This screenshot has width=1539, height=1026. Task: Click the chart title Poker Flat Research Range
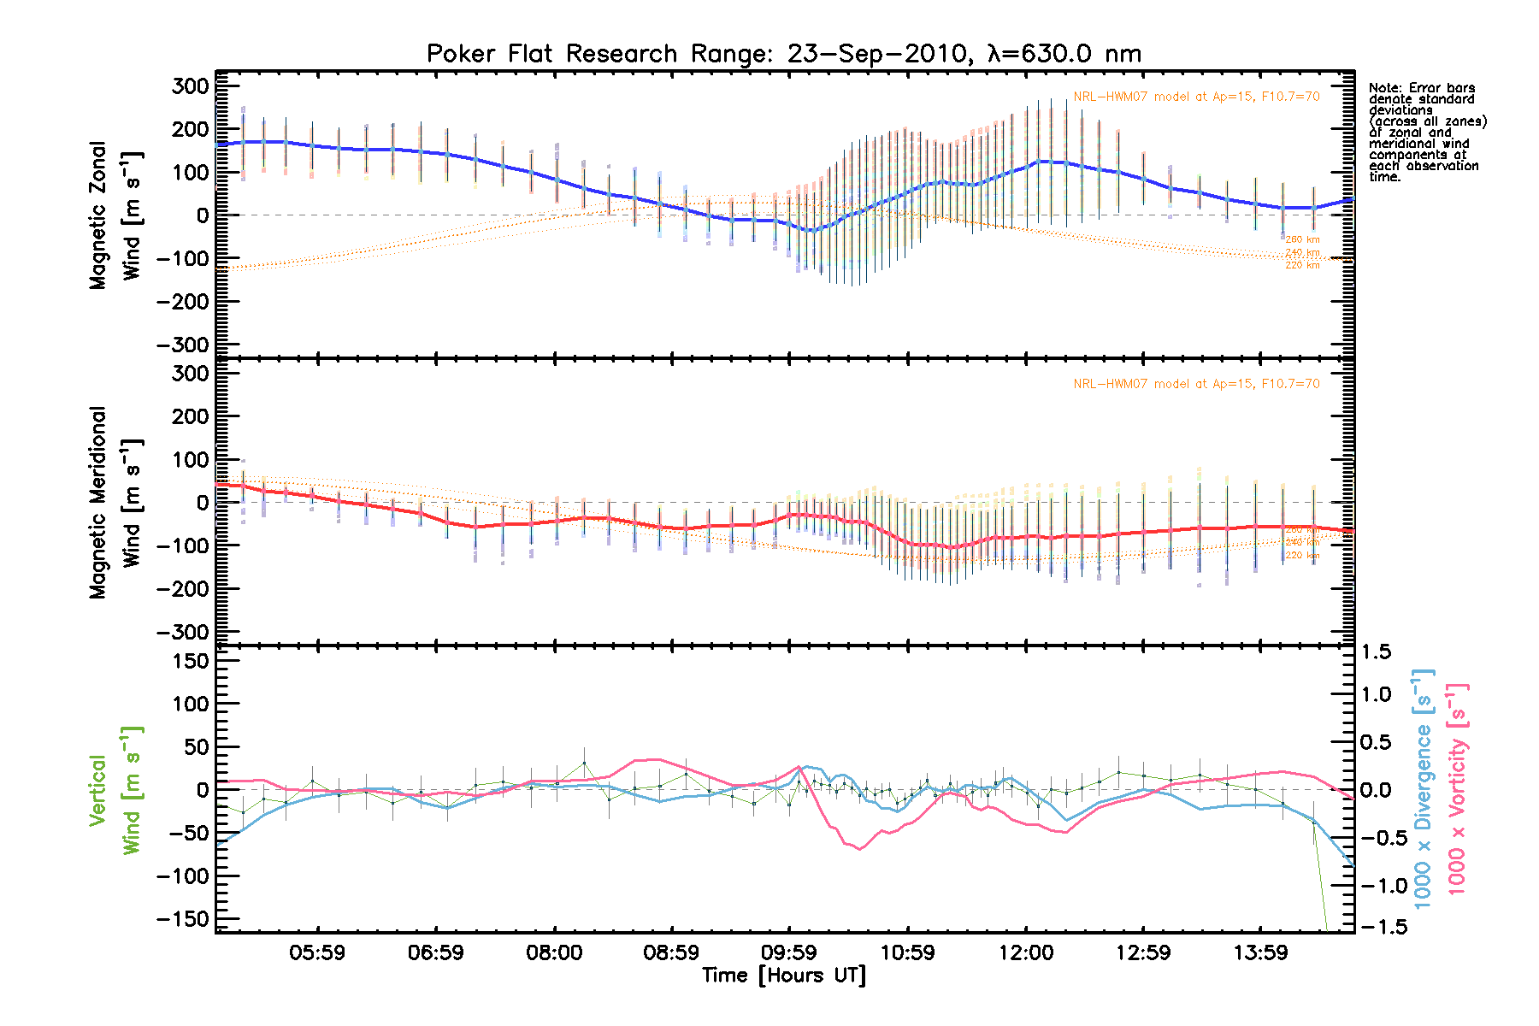(x=783, y=54)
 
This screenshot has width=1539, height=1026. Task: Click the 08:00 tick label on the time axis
(x=554, y=952)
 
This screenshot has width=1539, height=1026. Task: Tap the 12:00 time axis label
(x=1026, y=952)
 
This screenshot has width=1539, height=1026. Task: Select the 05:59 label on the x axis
(x=317, y=952)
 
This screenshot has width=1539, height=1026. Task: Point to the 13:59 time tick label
(x=1261, y=952)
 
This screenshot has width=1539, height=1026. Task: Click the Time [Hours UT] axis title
(x=783, y=976)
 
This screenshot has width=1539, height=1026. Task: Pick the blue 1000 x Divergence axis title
(x=1424, y=790)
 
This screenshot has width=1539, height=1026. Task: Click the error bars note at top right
(x=1426, y=133)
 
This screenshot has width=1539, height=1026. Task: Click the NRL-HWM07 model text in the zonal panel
(x=1196, y=97)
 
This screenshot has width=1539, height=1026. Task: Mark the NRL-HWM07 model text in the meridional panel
(x=1196, y=384)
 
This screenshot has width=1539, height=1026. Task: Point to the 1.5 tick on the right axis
(x=1377, y=652)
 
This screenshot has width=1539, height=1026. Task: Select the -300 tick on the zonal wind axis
(x=183, y=345)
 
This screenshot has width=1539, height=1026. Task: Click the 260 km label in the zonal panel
(x=1302, y=240)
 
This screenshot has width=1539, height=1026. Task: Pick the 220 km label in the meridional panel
(x=1302, y=556)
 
